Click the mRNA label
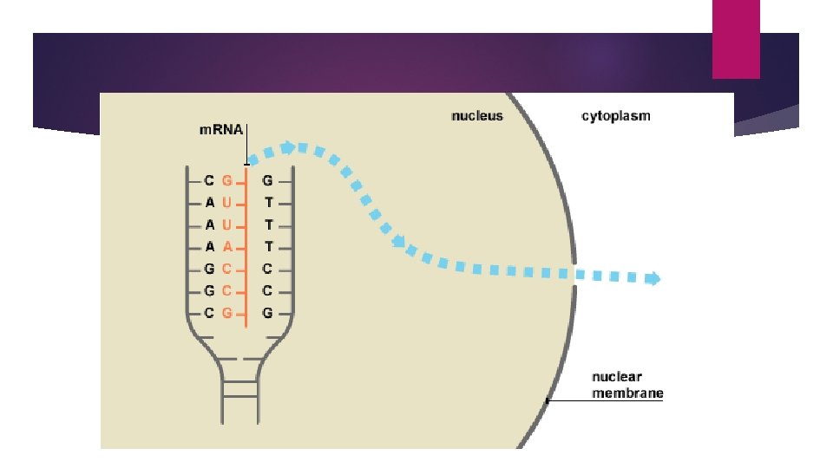coord(216,131)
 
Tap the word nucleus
coord(476,115)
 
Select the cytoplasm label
coord(615,115)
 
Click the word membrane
coord(627,393)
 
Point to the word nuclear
coord(617,377)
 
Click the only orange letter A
coord(227,246)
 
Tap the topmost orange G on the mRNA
coord(227,181)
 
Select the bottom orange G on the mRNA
coord(227,312)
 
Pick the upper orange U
coord(227,203)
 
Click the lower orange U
coord(227,224)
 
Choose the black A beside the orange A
coord(209,246)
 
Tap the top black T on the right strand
coord(268,203)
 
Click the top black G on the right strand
coord(267,181)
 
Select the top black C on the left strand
coord(209,181)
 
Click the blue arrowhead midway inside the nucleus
coord(399,242)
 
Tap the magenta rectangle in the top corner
coord(736,39)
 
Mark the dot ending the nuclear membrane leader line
coord(547,400)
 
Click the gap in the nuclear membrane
coord(574,270)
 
